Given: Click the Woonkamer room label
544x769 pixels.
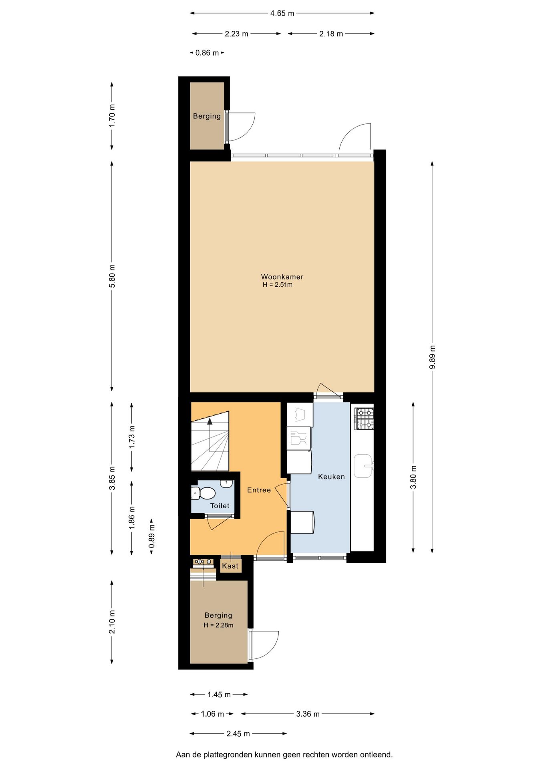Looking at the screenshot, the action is (282, 277).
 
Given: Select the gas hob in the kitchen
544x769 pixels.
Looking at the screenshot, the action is (364, 419).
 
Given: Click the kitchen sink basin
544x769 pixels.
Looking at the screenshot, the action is (363, 466).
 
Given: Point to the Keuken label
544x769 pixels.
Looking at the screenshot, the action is (331, 477).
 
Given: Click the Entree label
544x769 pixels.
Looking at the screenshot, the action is (259, 490).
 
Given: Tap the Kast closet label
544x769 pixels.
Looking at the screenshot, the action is (230, 566).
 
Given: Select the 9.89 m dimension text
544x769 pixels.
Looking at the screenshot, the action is (432, 357).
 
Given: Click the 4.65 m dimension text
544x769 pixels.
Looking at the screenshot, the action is (282, 13).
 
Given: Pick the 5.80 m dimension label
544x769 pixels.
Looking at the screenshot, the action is (112, 276).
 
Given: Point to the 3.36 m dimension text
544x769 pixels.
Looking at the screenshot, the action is (308, 714).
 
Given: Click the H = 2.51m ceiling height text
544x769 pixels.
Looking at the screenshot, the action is (278, 285).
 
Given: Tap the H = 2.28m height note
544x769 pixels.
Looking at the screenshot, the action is (218, 625).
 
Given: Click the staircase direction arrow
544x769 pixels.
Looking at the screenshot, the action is (210, 421).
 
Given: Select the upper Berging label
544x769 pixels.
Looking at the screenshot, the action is (207, 116).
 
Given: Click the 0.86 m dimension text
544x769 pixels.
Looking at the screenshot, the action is (207, 53).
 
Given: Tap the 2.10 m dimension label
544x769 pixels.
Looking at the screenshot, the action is (112, 622).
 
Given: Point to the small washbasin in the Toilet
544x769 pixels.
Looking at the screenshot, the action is (227, 483).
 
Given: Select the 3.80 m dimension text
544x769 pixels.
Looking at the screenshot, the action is (413, 477).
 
